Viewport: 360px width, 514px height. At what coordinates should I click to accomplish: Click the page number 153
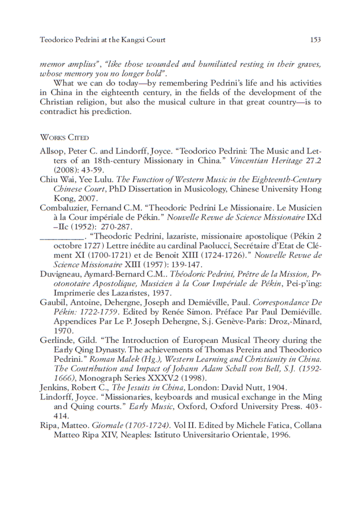pos(315,40)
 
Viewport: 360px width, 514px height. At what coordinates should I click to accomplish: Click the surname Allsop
pos(52,151)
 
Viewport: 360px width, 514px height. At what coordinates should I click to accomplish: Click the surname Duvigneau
pos(61,274)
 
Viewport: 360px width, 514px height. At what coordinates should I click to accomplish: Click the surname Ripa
pos(49,426)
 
